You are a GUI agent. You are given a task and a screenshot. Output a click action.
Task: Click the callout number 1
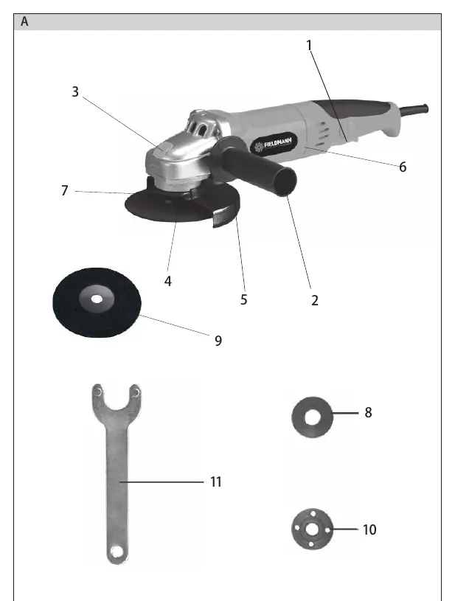[309, 45]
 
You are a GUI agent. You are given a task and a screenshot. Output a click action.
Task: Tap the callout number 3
[75, 91]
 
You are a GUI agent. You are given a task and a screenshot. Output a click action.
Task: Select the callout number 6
[403, 167]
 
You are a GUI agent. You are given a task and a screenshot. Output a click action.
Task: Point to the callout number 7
[65, 190]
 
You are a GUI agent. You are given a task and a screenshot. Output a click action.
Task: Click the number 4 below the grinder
[168, 282]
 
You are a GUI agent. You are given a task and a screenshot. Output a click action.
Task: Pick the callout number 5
[244, 299]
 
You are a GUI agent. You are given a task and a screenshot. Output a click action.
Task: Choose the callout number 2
[315, 301]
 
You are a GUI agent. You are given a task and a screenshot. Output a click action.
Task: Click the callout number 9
[218, 341]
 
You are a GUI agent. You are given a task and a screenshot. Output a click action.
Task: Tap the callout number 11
[216, 482]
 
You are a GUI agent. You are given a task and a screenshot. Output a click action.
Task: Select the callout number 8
[368, 412]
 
